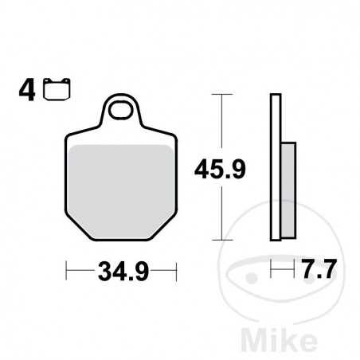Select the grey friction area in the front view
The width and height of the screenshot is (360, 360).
(x=120, y=179)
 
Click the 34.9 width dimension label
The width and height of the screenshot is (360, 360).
(x=120, y=274)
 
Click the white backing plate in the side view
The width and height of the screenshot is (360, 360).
(x=276, y=167)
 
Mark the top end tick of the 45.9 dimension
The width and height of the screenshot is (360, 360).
(x=221, y=96)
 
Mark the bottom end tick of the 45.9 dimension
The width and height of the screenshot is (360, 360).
(x=221, y=240)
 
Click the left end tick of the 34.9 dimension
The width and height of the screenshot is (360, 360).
(x=66, y=272)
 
